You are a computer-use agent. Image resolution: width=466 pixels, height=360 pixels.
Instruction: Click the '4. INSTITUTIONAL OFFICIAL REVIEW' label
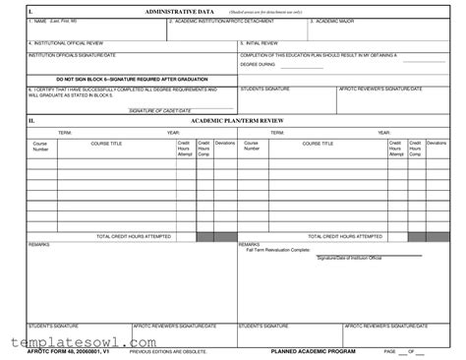(x=68, y=43)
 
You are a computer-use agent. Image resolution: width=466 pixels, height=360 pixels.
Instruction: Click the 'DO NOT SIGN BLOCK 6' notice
(x=130, y=77)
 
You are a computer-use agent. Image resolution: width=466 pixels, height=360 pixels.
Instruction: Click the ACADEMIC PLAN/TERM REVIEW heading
(x=234, y=119)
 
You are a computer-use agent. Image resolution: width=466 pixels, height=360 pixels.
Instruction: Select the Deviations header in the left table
(x=225, y=144)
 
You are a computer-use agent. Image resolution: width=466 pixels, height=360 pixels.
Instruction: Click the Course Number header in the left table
(x=40, y=147)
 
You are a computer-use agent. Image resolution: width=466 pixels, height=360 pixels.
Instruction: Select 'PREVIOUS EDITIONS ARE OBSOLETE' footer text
(x=170, y=351)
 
